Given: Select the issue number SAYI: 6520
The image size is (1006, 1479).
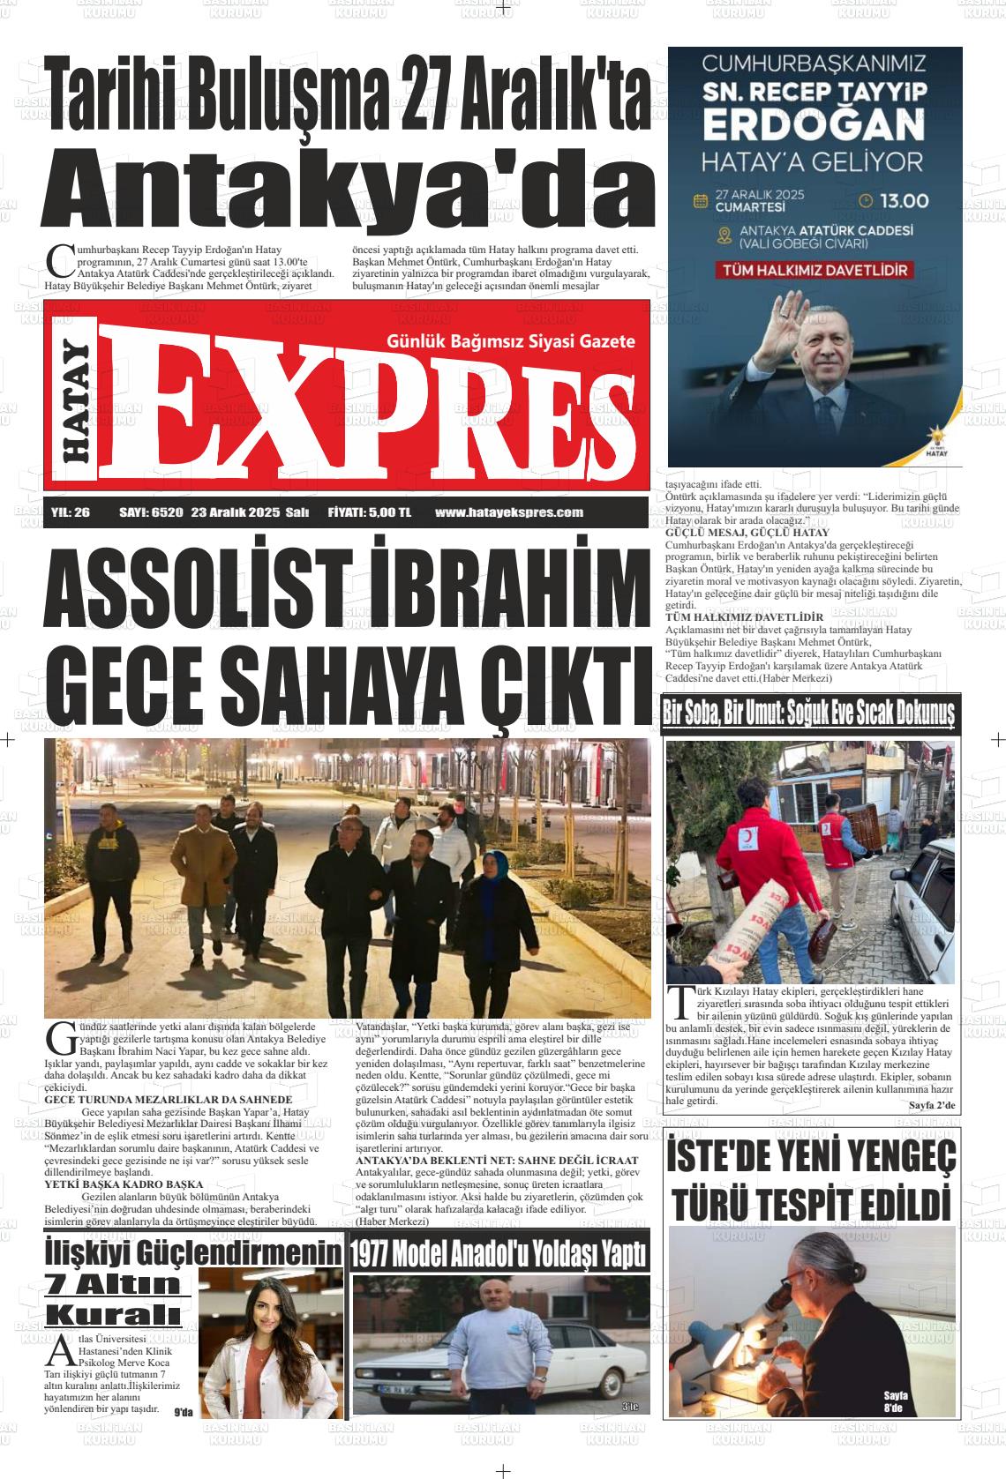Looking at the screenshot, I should click(x=150, y=512).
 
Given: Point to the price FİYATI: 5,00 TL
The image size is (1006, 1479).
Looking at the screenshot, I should click(x=369, y=512).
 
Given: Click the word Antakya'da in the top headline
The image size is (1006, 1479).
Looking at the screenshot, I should click(x=349, y=188).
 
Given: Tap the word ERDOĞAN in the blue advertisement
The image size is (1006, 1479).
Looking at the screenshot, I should click(x=813, y=125).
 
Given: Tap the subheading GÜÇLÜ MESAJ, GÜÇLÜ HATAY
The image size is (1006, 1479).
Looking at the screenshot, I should click(x=747, y=533).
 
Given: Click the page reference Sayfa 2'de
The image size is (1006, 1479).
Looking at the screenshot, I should click(x=931, y=1105).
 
